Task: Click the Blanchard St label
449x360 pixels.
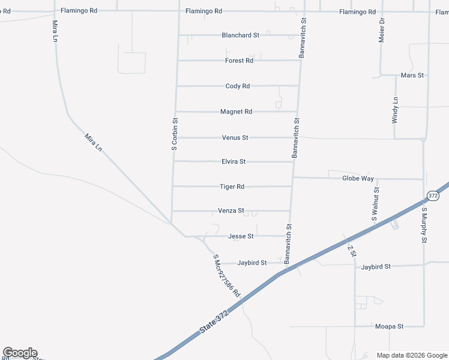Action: (240, 35)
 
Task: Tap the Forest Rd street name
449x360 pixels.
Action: (239, 61)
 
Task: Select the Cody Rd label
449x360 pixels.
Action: (237, 86)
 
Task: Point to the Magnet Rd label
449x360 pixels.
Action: (236, 112)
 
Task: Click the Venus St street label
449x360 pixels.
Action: (235, 138)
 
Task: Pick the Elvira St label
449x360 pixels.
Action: (234, 162)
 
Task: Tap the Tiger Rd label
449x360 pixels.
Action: (232, 187)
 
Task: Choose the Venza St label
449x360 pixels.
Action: (231, 211)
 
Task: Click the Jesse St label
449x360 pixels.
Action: (241, 236)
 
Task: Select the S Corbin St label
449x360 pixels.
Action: (175, 133)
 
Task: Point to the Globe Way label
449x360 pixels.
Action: (358, 179)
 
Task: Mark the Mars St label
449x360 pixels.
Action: (412, 76)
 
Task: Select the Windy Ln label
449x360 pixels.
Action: (395, 110)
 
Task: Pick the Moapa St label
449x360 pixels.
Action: (389, 326)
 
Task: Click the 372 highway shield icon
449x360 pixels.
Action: (433, 196)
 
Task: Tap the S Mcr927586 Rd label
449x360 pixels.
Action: (226, 276)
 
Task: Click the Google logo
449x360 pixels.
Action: (20, 353)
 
